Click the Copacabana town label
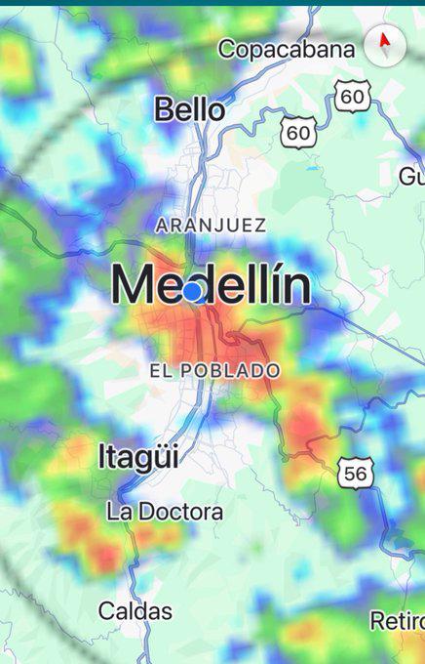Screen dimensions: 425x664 coord(286,49)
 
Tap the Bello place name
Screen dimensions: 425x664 coord(189,109)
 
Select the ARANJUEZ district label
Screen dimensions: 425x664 coord(211,225)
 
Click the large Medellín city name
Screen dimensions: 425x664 coord(211,286)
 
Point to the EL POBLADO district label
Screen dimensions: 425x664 coord(214,371)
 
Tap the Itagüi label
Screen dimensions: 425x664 coord(138,456)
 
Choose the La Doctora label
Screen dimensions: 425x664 coord(165,511)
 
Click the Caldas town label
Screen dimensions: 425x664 coord(135,611)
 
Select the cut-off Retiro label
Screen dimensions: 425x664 coord(397,620)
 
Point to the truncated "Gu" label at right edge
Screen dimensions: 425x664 coord(411,177)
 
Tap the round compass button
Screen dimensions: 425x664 coord(384,43)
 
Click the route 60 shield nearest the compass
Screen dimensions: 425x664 coord(352,96)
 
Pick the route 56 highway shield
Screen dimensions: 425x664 coord(356,474)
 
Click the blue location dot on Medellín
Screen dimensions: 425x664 coord(193,291)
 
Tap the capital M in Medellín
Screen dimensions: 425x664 coord(133,286)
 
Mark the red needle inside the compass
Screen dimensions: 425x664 coord(384,41)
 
